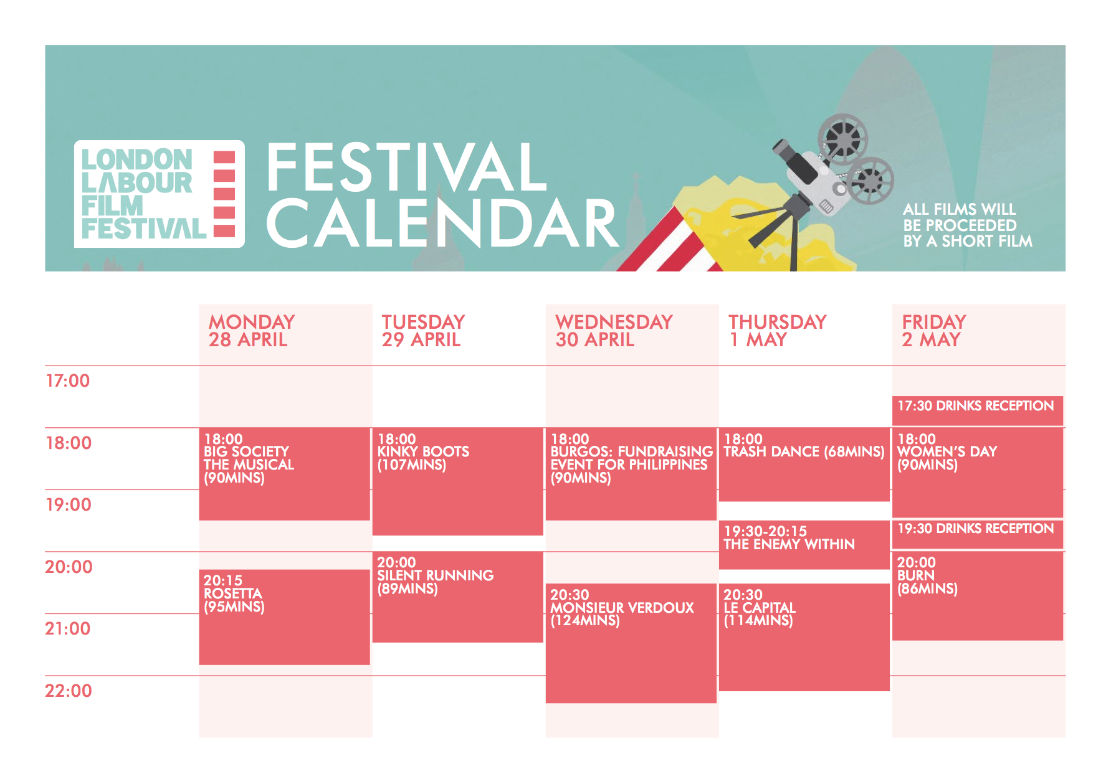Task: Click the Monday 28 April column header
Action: (252, 331)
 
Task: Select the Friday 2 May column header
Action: (934, 331)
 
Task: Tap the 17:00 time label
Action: (67, 380)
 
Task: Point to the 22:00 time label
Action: (68, 691)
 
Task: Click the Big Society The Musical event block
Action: (284, 474)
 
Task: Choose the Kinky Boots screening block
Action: (457, 481)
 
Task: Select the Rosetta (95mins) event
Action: (284, 617)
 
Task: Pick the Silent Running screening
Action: (457, 597)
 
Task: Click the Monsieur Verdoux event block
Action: (631, 643)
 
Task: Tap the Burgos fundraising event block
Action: (631, 474)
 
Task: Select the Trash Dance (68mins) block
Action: (804, 465)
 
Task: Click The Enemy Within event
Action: (804, 545)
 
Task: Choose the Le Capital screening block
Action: (804, 637)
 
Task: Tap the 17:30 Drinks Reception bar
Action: (978, 411)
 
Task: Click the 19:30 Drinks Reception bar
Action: (978, 534)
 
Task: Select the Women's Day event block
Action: (978, 473)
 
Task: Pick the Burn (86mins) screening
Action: (978, 596)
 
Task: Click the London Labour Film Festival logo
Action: (160, 194)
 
